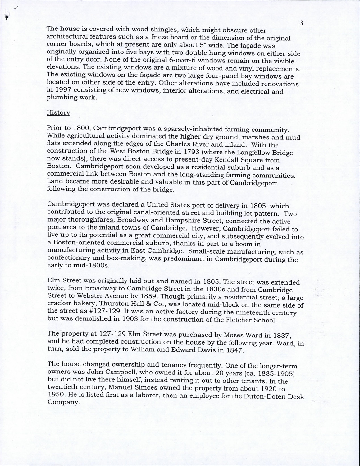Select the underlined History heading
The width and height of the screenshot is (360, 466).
tap(58, 112)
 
